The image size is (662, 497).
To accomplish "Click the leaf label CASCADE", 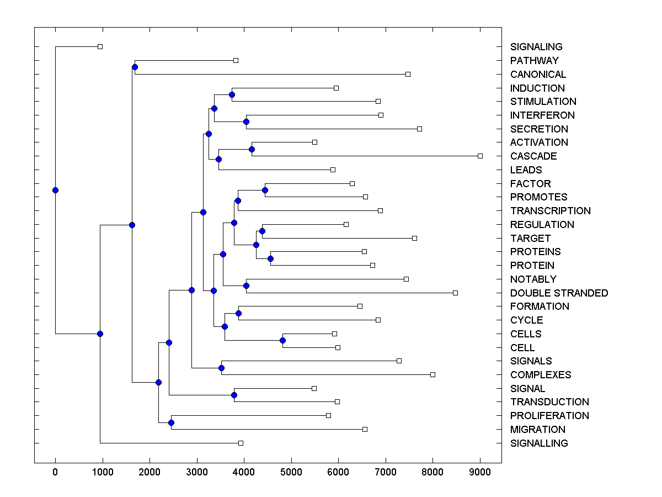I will (x=533, y=156).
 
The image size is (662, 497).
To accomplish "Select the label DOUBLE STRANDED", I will (x=559, y=293).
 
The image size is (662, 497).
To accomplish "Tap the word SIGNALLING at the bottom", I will (x=539, y=443).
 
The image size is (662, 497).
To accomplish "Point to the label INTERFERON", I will (x=542, y=115).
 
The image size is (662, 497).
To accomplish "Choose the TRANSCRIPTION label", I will (x=550, y=211).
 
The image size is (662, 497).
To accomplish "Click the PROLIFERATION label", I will (x=549, y=416).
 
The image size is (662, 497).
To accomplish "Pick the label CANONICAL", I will (x=538, y=75).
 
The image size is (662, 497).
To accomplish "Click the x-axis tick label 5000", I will (x=291, y=472).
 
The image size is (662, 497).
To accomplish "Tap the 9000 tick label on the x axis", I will (x=479, y=472).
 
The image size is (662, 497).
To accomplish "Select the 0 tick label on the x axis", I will (x=55, y=472).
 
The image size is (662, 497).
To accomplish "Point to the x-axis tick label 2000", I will (x=150, y=472).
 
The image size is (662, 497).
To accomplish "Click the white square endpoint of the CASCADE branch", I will (x=480, y=156).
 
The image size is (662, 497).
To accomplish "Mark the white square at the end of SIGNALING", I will (x=100, y=46).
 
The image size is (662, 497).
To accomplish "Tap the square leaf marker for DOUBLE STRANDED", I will (x=455, y=293).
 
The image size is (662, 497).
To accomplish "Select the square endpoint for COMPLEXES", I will (x=433, y=374).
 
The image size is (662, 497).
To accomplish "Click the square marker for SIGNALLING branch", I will (x=241, y=443).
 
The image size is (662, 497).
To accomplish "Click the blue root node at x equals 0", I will (x=55, y=190).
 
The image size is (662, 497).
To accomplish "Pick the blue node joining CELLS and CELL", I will (x=282, y=340).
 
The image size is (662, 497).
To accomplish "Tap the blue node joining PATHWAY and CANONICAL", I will (x=135, y=67).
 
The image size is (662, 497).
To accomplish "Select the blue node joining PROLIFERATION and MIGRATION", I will (x=171, y=422).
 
